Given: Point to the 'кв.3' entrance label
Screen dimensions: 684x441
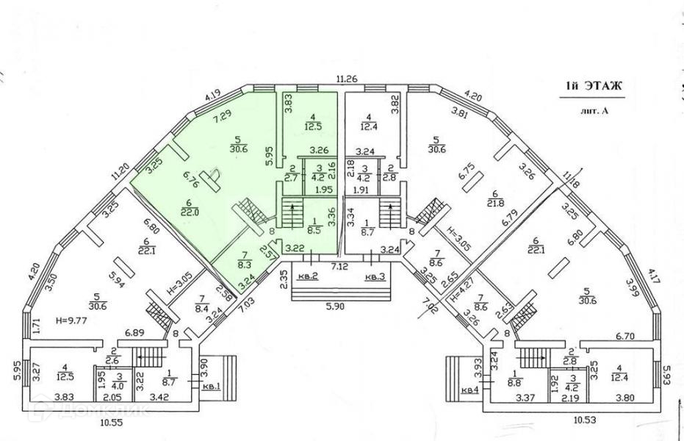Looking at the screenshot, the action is [x=375, y=276].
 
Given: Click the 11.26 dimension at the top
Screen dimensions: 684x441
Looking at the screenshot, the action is [x=346, y=79].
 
